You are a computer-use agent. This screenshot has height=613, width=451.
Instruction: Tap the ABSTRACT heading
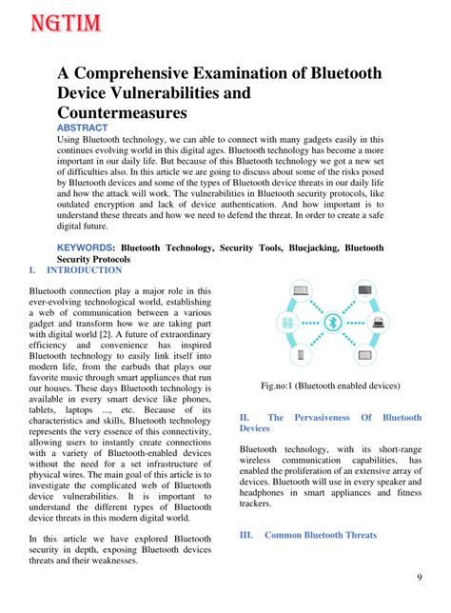83,128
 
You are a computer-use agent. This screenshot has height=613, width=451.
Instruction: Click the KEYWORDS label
85,247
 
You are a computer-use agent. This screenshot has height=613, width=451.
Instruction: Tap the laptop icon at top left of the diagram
301,291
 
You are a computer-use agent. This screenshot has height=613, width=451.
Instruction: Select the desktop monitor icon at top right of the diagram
363,291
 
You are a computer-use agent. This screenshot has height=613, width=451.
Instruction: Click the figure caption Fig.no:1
331,386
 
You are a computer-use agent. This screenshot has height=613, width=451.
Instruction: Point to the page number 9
420,579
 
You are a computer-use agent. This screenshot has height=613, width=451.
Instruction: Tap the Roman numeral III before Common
245,535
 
